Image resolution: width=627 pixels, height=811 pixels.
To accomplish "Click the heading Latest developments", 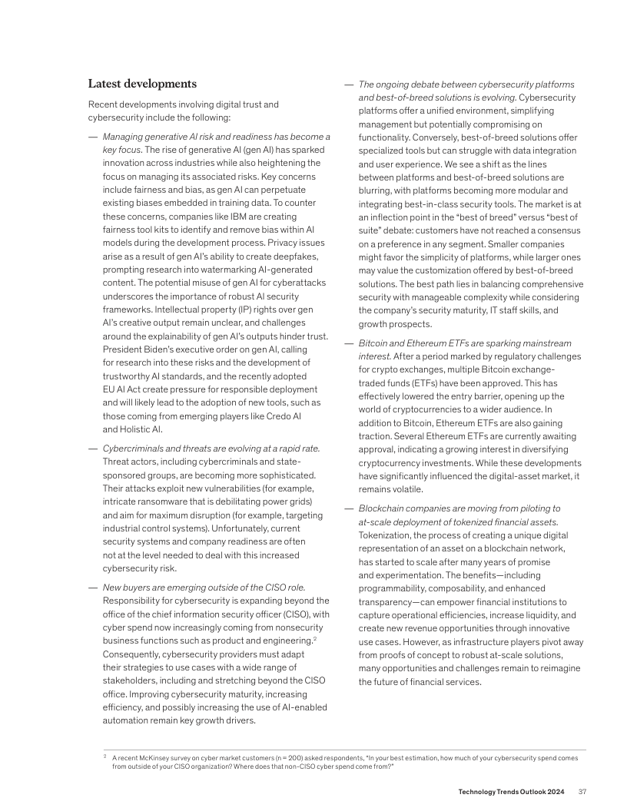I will (x=142, y=84).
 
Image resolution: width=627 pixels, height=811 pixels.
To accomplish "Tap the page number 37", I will (x=582, y=792).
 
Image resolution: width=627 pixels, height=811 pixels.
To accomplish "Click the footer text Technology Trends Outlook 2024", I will (x=512, y=792).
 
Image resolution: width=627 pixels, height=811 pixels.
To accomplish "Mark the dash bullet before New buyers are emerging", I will (x=92, y=588).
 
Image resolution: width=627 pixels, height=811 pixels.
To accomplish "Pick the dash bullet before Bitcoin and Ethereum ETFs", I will (x=348, y=343).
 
